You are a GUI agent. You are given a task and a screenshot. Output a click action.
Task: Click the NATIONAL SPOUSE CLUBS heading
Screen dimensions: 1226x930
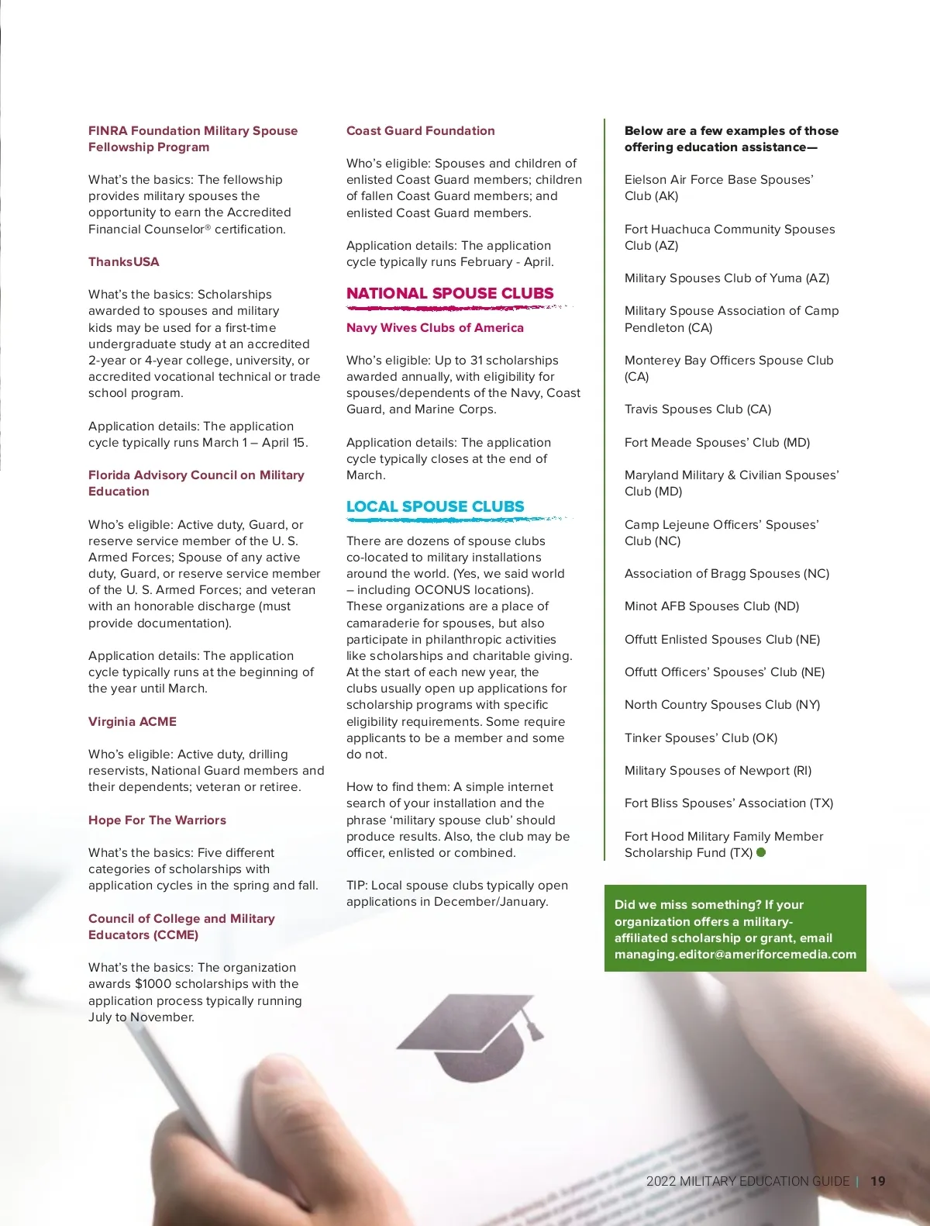point(449,293)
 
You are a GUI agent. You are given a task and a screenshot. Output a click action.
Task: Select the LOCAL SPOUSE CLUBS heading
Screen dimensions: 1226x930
point(435,506)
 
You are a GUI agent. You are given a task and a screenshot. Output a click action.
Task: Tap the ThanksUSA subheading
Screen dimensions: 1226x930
point(124,262)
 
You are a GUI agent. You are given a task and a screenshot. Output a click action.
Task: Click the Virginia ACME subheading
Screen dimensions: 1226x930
point(133,721)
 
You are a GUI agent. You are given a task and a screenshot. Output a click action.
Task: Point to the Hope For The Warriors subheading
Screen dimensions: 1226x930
point(157,820)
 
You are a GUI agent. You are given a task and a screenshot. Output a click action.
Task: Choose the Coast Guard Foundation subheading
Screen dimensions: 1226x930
point(420,131)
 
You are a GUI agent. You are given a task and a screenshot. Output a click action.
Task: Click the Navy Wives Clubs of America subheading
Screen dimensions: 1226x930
point(435,327)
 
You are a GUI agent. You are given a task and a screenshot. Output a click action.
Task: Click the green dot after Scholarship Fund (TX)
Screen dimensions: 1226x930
point(761,852)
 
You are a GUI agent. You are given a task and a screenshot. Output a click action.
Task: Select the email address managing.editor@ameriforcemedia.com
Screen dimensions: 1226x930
point(735,955)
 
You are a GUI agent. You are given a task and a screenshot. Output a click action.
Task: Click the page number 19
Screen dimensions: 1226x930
point(878,1181)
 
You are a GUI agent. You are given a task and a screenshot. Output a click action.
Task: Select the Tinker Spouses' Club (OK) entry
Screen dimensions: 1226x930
point(701,737)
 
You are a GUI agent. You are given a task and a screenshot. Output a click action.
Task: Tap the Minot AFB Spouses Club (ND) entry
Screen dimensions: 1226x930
point(711,606)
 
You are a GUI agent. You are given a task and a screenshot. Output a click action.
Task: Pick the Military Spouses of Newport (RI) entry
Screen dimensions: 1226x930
point(718,771)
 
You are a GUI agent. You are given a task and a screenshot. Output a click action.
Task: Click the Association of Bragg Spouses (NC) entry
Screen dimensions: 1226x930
point(726,574)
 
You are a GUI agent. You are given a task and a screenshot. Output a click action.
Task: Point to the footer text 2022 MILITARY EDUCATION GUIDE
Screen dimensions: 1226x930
point(748,1181)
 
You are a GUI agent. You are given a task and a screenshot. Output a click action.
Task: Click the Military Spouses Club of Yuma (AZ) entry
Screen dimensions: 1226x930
point(726,278)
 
